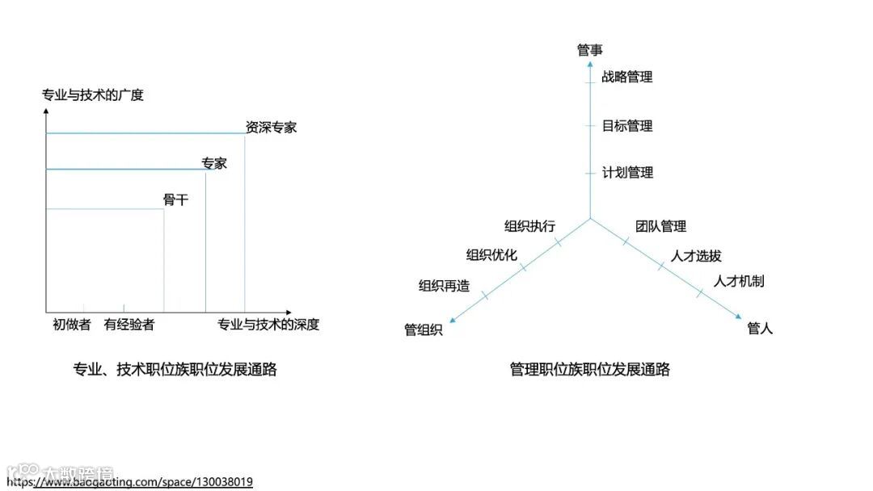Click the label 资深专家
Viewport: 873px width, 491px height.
pyautogui.click(x=271, y=127)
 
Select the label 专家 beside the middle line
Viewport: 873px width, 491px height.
pyautogui.click(x=214, y=163)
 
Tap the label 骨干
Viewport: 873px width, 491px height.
pyautogui.click(x=175, y=199)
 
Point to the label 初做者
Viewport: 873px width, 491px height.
pyautogui.click(x=72, y=325)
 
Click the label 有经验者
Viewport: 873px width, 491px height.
pyautogui.click(x=129, y=325)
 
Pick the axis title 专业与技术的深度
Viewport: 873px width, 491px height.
pyautogui.click(x=268, y=325)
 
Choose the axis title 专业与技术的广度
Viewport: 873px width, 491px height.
pyautogui.click(x=93, y=95)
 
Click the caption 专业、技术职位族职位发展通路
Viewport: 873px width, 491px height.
pyautogui.click(x=175, y=369)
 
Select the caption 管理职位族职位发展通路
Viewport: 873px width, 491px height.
pyautogui.click(x=590, y=369)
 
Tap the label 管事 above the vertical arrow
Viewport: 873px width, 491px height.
pyautogui.click(x=590, y=50)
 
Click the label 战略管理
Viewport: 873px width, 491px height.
pyautogui.click(x=627, y=77)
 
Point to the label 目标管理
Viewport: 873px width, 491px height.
pyautogui.click(x=627, y=126)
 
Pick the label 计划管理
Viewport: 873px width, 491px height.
pyautogui.click(x=627, y=172)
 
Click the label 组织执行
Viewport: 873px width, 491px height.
pyautogui.click(x=530, y=226)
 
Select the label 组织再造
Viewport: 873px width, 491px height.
pyautogui.click(x=444, y=285)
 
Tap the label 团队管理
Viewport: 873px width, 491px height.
pyautogui.click(x=660, y=226)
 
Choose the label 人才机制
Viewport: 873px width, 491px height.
pyautogui.click(x=739, y=281)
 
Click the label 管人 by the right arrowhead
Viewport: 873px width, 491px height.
pyautogui.click(x=760, y=329)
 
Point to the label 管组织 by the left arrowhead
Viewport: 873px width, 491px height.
pyautogui.click(x=424, y=329)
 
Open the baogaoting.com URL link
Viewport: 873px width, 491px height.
pyautogui.click(x=129, y=482)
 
